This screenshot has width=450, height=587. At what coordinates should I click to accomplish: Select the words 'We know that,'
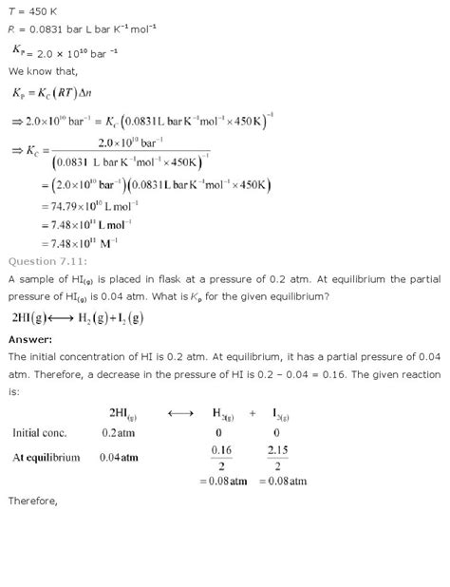coord(39,69)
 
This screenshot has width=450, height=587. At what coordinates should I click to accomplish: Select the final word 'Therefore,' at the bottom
coord(32,525)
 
